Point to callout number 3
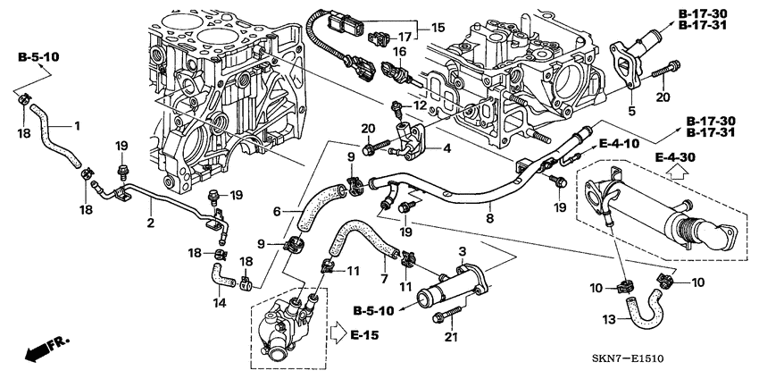click(x=462, y=252)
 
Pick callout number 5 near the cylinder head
click(x=631, y=111)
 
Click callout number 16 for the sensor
click(x=400, y=53)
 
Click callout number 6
click(x=278, y=211)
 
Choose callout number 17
click(x=404, y=37)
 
